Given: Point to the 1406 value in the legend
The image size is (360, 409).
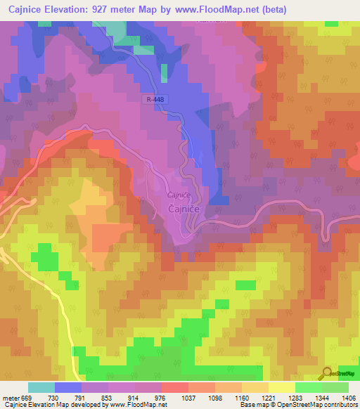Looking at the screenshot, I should click(x=349, y=398).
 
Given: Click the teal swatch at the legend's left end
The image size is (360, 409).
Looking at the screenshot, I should click(x=41, y=388).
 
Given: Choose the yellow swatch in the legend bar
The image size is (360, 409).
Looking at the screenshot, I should click(x=281, y=388).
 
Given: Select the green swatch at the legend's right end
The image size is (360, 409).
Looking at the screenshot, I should click(x=335, y=388).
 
